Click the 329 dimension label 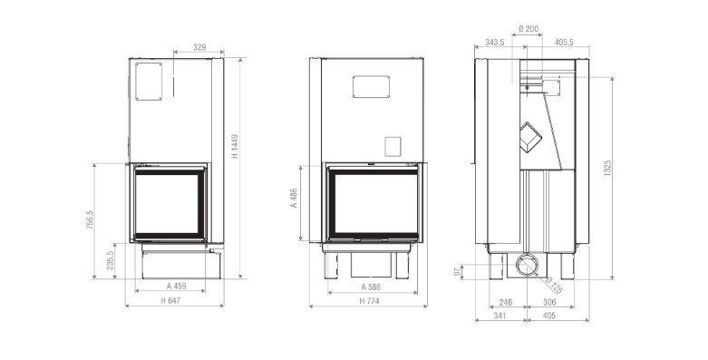click(199, 47)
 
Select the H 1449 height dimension click(235, 145)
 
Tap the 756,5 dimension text click(90, 220)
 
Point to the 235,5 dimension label click(111, 260)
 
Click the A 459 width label click(176, 286)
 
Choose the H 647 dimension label click(170, 300)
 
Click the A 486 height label click(294, 198)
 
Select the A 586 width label click(371, 287)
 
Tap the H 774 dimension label click(369, 301)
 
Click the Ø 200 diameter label click(529, 29)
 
